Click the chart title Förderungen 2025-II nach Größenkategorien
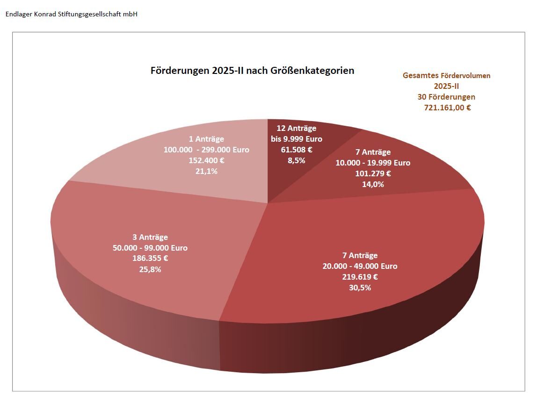point(252,71)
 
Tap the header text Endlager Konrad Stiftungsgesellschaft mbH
point(71,14)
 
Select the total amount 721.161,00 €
point(447,108)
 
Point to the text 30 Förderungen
point(446,97)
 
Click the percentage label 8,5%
point(296,160)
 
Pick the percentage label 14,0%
point(373,184)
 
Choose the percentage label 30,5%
point(360,288)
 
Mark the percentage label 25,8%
point(150,269)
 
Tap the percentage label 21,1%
point(206,171)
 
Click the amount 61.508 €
point(296,150)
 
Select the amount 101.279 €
point(373,173)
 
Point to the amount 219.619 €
point(360,277)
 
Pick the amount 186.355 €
point(150,259)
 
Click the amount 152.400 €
point(206,160)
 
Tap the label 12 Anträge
point(296,128)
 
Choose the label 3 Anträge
point(150,237)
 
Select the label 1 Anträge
point(206,139)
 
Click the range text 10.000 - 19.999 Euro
point(373,163)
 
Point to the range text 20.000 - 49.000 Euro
point(360,266)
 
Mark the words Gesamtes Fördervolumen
point(446,75)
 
